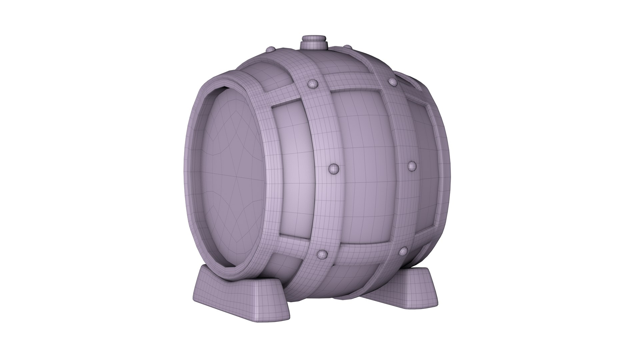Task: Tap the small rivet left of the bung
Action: tap(270, 50)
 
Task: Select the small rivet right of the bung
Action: tap(347, 47)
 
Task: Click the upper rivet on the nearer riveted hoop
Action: tap(312, 84)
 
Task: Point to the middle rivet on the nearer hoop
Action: tap(333, 169)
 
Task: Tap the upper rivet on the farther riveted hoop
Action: tap(392, 82)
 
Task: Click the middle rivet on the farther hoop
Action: tap(412, 165)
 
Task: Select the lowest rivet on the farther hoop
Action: tap(404, 251)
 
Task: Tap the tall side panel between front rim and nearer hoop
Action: tap(293, 173)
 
